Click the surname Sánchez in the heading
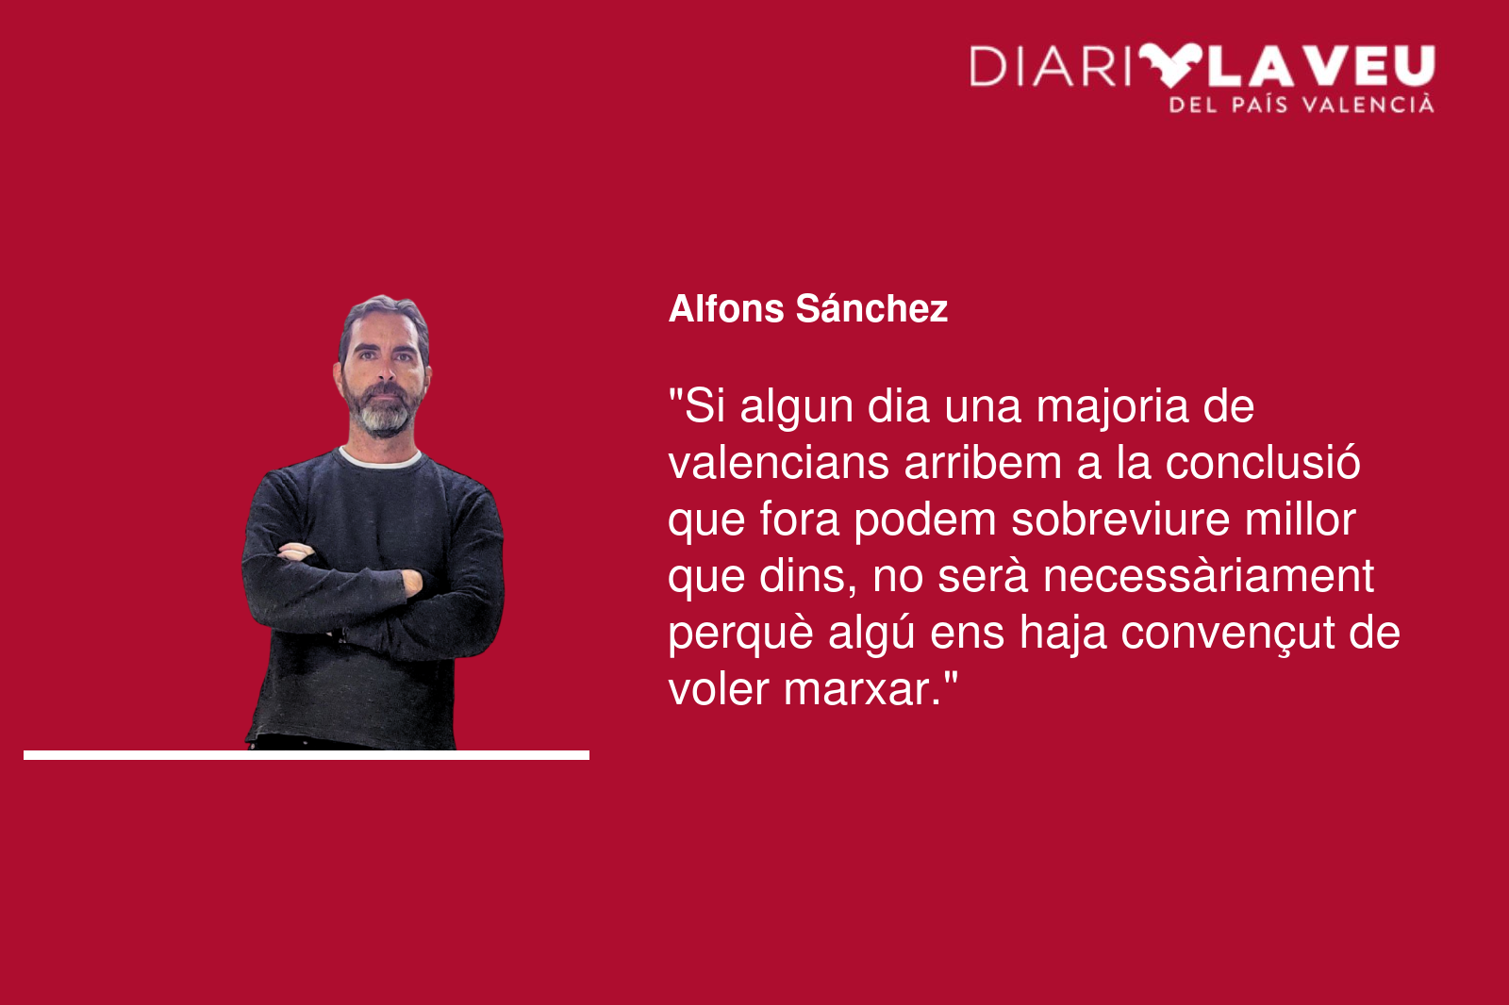[871, 308]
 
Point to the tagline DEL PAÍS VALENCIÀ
[1302, 105]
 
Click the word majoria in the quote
[1112, 408]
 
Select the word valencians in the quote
[778, 463]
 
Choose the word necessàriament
[1208, 576]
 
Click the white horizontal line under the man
[307, 755]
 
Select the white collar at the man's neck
[380, 460]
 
